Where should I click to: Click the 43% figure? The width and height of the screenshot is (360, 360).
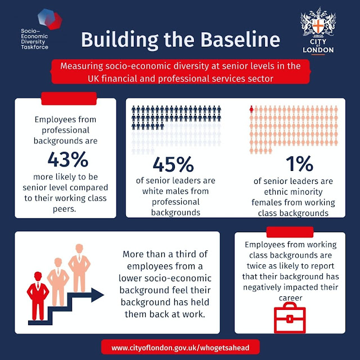point(67,160)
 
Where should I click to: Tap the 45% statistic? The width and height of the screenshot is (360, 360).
point(173,164)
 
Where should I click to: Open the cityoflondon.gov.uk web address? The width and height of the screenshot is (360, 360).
point(180,348)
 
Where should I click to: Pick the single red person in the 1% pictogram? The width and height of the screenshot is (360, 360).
point(251,110)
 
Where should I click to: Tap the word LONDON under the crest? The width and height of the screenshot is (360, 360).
point(318,49)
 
